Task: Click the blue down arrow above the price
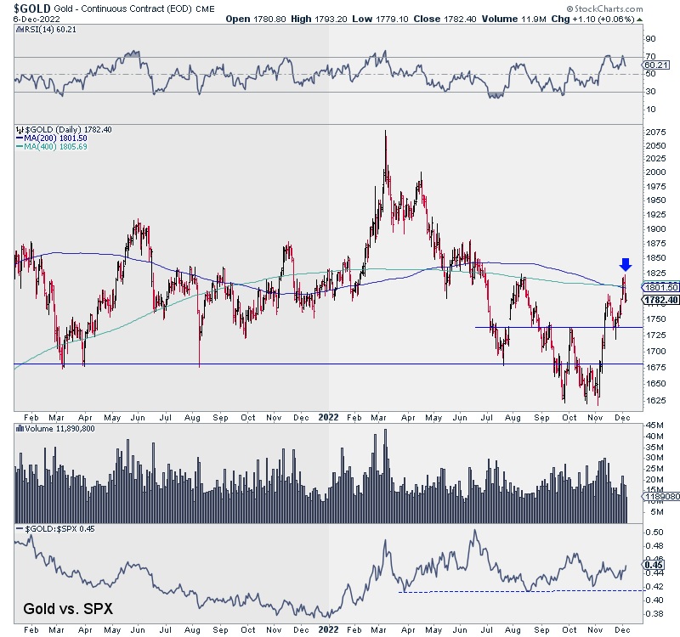[626, 265]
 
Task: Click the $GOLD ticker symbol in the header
[26, 8]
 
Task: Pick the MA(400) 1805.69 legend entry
[54, 147]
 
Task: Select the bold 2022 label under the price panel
[328, 417]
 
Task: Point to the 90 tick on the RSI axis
[650, 39]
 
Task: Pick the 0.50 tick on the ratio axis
[654, 533]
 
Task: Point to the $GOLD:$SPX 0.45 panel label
[47, 529]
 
